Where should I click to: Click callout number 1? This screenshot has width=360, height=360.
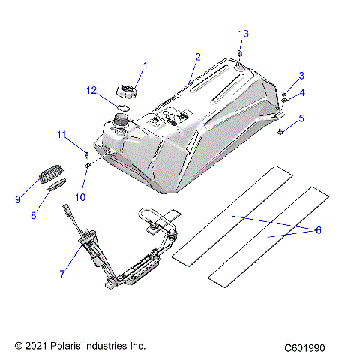145,65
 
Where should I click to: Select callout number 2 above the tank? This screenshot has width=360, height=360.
197,57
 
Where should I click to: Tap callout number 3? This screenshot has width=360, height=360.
301,76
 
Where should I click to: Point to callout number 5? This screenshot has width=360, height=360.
301,118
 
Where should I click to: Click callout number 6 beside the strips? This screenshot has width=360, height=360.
318,230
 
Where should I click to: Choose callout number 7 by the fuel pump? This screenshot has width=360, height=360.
61,274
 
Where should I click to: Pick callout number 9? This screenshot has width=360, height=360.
19,199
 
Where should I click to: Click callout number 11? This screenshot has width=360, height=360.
62,134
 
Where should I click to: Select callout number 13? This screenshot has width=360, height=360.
242,34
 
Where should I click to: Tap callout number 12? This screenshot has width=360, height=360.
91,91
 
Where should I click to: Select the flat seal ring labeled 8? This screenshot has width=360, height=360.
58,187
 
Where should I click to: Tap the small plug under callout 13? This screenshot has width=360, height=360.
240,53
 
